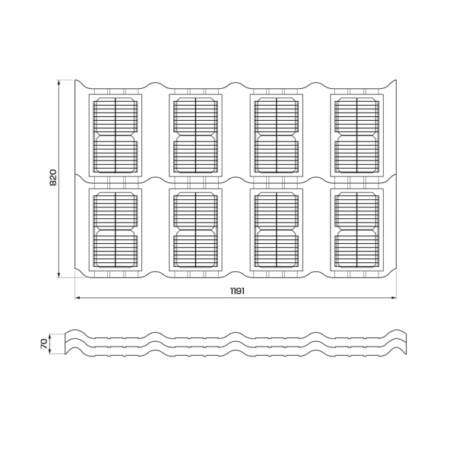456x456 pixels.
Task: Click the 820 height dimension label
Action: click(53, 177)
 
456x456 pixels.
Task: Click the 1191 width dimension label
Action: click(237, 291)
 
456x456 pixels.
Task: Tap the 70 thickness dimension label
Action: click(44, 344)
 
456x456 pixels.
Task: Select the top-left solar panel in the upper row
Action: click(116, 135)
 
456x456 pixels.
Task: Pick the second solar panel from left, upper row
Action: click(196, 135)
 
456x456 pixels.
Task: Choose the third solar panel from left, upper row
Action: click(277, 135)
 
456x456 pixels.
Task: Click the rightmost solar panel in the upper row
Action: click(357, 135)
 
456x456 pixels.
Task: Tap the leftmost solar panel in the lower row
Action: click(116, 230)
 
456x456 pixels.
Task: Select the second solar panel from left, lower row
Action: click(196, 230)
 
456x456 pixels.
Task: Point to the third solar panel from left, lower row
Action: click(277, 230)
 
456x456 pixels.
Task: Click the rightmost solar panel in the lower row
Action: click(357, 230)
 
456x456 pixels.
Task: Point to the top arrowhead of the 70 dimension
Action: click(50, 334)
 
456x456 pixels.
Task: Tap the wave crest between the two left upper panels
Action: click(156, 83)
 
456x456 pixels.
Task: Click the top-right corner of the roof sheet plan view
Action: click(396, 80)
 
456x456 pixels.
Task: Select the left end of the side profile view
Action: click(65, 344)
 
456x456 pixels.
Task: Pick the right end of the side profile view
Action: click(407, 344)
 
